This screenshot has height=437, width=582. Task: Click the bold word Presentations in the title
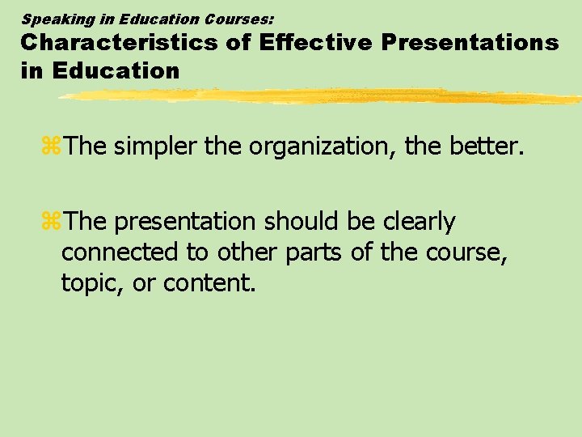[470, 43]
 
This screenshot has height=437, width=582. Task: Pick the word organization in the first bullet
[321, 146]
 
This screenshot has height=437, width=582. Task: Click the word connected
[120, 252]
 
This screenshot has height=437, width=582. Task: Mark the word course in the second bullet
[468, 252]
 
